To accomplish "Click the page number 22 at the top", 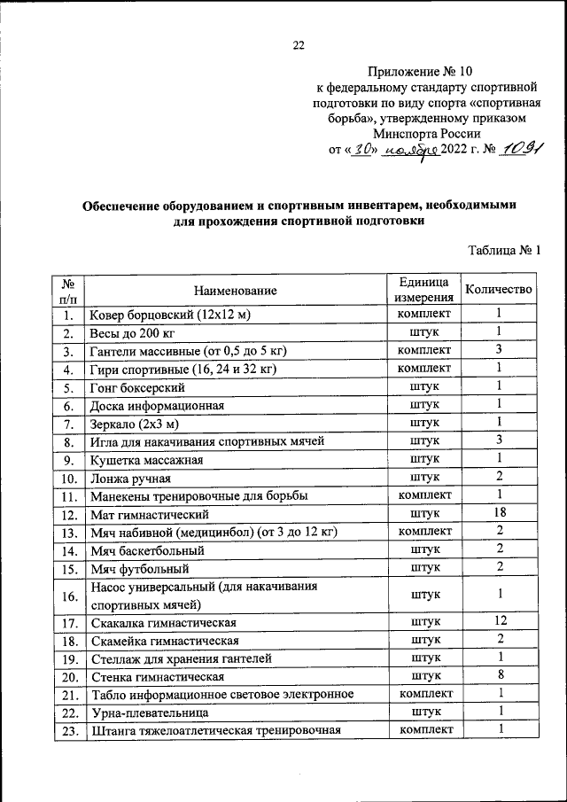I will click(299, 46).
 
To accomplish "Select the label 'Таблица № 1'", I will click(502, 251).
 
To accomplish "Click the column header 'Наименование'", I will click(237, 290).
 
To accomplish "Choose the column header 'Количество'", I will click(499, 290).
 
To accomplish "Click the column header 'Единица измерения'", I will click(424, 290).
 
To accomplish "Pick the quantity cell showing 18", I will click(499, 513).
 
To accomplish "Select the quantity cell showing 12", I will click(499, 621).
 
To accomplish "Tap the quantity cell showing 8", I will click(499, 675).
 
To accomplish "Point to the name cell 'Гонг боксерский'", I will click(137, 387).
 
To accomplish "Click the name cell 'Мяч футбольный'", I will click(139, 567).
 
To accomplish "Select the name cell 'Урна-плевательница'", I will click(150, 712).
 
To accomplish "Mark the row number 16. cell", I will click(69, 595).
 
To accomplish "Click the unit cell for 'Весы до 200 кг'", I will click(424, 332).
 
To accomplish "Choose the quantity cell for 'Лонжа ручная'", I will click(499, 477).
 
